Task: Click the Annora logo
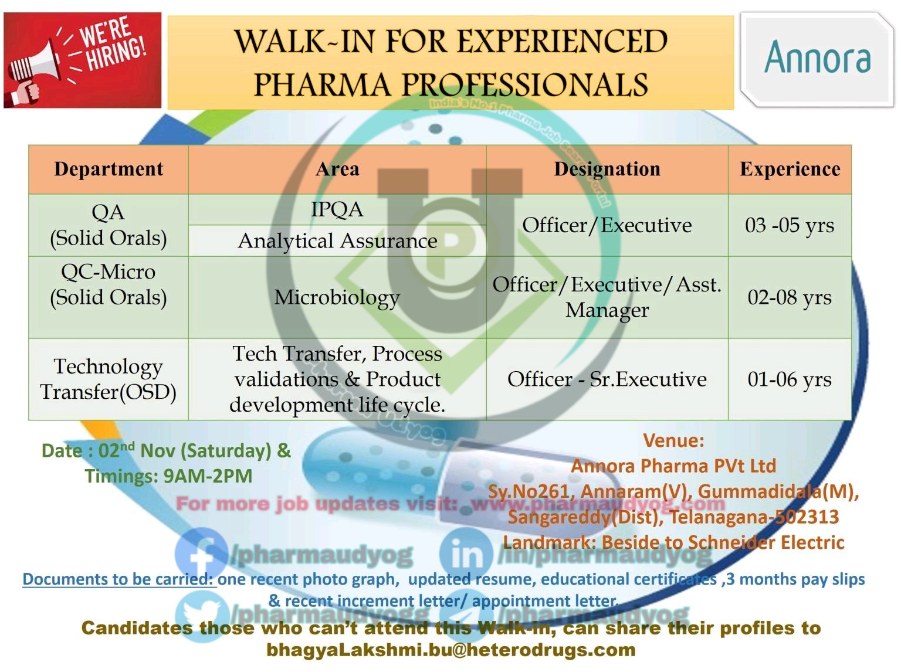click(817, 59)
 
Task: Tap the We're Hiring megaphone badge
click(82, 60)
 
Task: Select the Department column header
click(109, 169)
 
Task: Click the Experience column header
click(790, 169)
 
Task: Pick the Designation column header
click(607, 169)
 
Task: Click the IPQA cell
click(337, 209)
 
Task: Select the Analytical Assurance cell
click(337, 241)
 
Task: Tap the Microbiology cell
click(337, 297)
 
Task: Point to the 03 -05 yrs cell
click(790, 225)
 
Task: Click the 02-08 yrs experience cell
click(790, 297)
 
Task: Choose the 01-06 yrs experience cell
click(790, 379)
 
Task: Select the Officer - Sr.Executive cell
click(607, 379)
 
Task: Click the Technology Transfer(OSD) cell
click(109, 379)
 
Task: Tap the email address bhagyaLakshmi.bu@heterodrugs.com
click(450, 650)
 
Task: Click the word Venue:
click(673, 440)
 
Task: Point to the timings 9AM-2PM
click(208, 476)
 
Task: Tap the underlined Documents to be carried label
click(118, 579)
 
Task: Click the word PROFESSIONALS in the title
click(526, 85)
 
